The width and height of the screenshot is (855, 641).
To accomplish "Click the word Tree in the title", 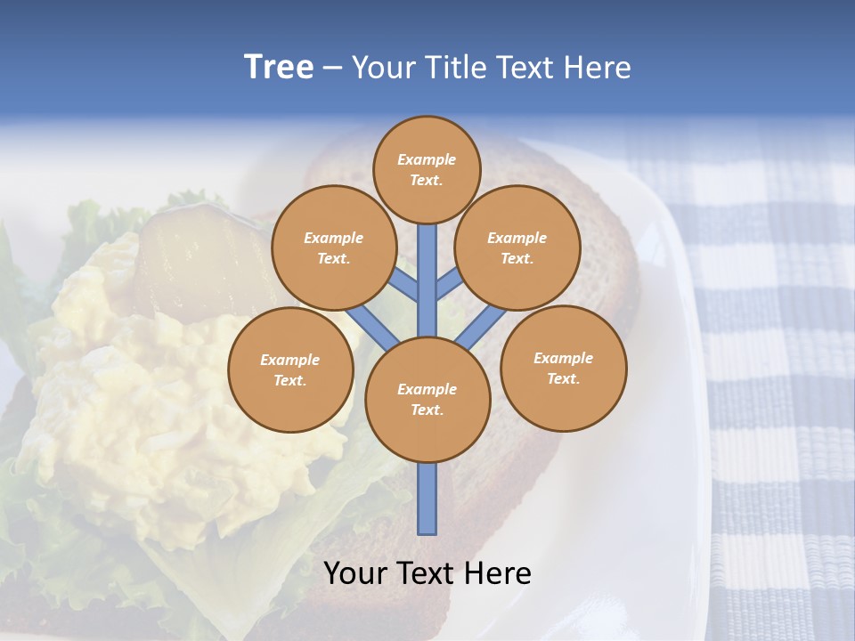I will [279, 68].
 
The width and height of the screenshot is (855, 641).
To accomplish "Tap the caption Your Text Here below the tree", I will [427, 573].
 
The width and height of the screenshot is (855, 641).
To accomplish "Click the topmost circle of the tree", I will [427, 169].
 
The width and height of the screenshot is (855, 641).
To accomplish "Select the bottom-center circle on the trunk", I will [427, 400].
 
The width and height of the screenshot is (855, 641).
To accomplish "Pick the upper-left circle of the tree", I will [333, 247].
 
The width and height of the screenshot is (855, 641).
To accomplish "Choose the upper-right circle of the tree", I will [517, 247].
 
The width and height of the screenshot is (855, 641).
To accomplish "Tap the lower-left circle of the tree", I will [290, 369].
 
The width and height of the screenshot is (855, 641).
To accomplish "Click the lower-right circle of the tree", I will [563, 368].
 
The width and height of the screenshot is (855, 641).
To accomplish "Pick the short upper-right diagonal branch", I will [449, 286].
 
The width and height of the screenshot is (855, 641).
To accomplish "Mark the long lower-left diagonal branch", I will [372, 326].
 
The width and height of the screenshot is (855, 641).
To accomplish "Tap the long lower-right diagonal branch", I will [480, 328].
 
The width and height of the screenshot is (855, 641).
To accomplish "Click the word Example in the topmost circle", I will [427, 159].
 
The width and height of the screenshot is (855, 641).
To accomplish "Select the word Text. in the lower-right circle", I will [563, 378].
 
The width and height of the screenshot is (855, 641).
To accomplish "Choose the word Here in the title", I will [598, 68].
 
